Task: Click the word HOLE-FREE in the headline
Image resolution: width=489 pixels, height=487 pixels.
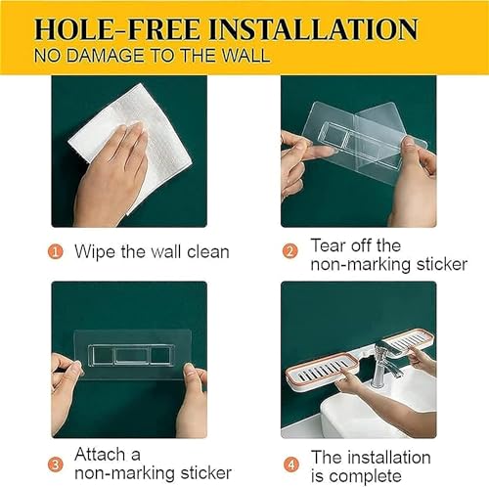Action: pyautogui.click(x=117, y=29)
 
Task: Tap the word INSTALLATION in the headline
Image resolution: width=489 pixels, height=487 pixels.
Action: pyautogui.click(x=313, y=29)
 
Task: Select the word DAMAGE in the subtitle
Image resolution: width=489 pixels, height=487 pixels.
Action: pyautogui.click(x=106, y=56)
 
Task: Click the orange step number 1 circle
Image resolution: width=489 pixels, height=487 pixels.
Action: pyautogui.click(x=56, y=252)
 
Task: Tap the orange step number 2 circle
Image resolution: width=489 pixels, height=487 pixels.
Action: pyautogui.click(x=289, y=251)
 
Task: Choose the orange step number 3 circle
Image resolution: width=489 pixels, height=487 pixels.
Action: pyautogui.click(x=56, y=465)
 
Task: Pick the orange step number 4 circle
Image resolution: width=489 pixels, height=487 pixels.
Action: pyautogui.click(x=290, y=465)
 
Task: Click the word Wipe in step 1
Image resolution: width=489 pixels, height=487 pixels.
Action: pyautogui.click(x=95, y=252)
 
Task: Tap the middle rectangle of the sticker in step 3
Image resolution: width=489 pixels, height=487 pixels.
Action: pyautogui.click(x=132, y=356)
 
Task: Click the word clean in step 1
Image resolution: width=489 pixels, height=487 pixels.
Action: pyautogui.click(x=208, y=252)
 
